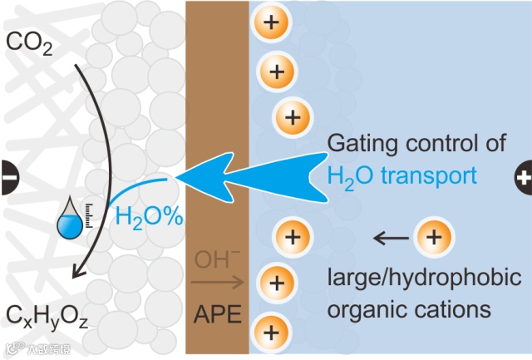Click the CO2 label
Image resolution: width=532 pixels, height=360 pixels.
click(31, 43)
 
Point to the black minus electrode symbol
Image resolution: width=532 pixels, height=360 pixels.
click(7, 177)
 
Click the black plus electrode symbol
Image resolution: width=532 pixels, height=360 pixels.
click(524, 177)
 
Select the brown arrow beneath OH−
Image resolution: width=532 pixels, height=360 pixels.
click(217, 282)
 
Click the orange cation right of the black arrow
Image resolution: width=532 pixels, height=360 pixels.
click(432, 239)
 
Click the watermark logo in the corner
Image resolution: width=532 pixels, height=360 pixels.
click(37, 349)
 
